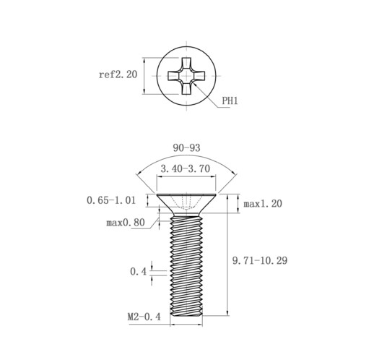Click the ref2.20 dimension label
pyautogui.click(x=118, y=74)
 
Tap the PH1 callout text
pyautogui.click(x=230, y=100)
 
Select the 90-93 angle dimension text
pyautogui.click(x=186, y=147)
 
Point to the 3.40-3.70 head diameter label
pyautogui.click(x=186, y=168)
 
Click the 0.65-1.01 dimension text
pyautogui.click(x=111, y=200)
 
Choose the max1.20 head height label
pyautogui.click(x=263, y=204)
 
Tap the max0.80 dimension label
pyautogui.click(x=126, y=223)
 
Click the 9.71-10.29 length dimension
pyautogui.click(x=260, y=260)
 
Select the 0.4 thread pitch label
pyautogui.click(x=138, y=272)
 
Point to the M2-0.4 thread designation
pyautogui.click(x=144, y=317)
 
